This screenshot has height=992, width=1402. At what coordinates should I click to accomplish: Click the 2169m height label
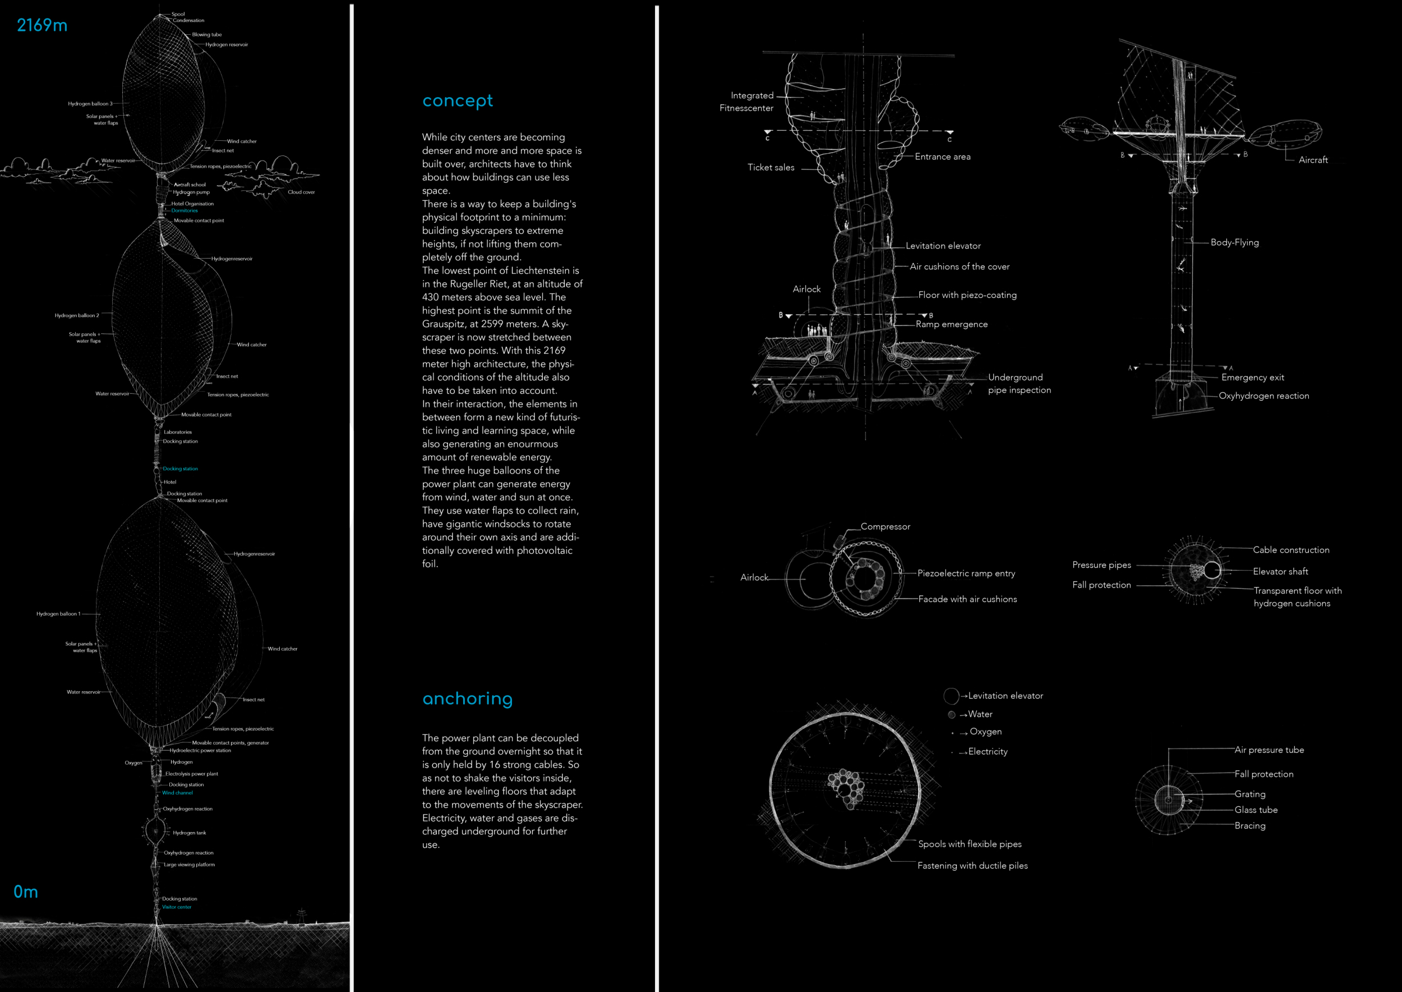[x=41, y=25]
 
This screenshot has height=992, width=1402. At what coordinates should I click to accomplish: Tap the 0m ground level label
[x=26, y=891]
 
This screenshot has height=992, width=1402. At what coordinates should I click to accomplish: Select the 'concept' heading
[x=458, y=100]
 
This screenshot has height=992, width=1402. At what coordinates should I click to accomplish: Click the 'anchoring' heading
[x=467, y=698]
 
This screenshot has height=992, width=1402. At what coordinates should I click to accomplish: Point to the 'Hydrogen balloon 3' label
[x=90, y=104]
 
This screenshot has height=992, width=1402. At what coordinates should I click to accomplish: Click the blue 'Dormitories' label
[x=185, y=211]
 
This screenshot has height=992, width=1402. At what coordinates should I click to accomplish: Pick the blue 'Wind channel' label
[x=177, y=793]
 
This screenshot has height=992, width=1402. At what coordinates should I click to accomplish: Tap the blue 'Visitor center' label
[x=177, y=907]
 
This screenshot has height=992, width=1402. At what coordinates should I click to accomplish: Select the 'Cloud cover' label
[x=301, y=192]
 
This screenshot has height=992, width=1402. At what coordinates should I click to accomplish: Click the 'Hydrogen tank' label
[x=190, y=833]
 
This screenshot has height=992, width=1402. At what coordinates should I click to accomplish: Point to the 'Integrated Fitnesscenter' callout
[x=747, y=102]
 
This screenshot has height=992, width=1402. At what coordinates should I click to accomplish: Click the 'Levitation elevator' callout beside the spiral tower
[x=943, y=246]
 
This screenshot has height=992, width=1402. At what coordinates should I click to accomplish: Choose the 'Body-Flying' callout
[x=1234, y=242]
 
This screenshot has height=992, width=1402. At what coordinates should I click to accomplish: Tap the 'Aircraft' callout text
[x=1313, y=160]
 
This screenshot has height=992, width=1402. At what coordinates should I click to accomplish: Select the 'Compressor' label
[x=885, y=526]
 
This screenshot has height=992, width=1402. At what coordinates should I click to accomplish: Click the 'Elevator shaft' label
[x=1280, y=572]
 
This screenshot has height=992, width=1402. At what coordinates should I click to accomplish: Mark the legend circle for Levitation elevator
[x=951, y=696]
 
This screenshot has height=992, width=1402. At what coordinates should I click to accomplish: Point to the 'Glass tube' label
[x=1256, y=810]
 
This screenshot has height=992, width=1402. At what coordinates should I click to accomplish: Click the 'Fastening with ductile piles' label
[x=972, y=866]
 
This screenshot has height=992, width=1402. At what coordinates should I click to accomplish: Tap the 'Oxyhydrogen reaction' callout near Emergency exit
[x=1263, y=396]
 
